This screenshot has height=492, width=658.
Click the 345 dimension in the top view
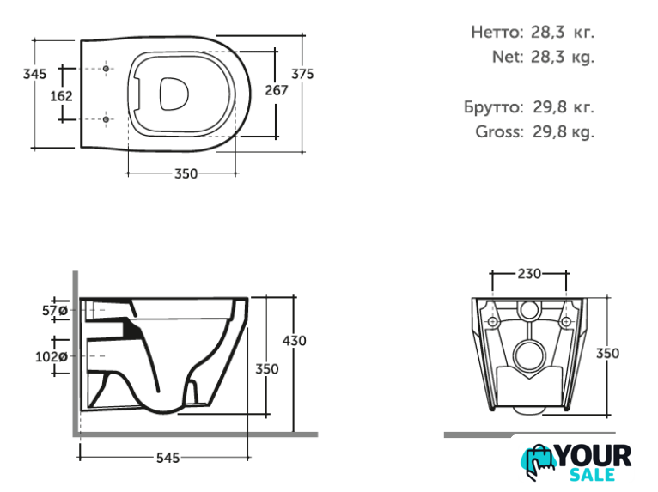[34, 75]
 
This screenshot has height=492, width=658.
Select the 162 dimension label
[61, 95]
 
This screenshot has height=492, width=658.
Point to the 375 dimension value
[302, 75]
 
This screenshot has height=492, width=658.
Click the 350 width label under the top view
[186, 174]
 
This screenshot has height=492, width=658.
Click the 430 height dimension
[295, 340]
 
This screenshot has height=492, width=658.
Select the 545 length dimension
[168, 459]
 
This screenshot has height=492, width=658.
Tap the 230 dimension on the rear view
[529, 274]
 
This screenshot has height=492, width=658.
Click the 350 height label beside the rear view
[607, 354]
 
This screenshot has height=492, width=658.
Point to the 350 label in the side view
[267, 369]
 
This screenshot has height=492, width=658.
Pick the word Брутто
[492, 108]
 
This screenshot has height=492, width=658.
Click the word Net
[508, 58]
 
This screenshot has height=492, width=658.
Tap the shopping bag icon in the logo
[539, 464]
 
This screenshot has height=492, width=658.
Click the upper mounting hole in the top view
[106, 67]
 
